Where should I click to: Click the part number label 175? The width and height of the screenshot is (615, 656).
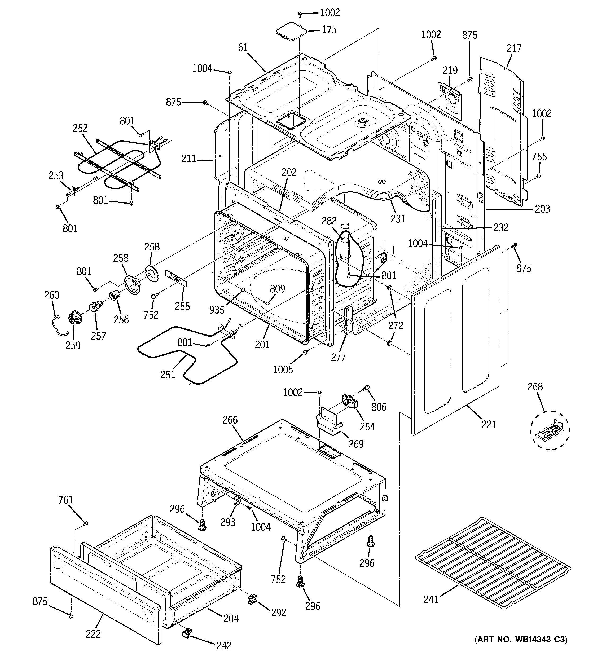(329, 30)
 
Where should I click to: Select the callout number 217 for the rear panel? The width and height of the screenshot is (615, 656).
(514, 49)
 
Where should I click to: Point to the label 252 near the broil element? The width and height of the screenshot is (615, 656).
(80, 128)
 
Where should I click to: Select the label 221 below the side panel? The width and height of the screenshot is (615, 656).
(489, 424)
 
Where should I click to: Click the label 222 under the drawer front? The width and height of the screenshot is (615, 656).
(93, 634)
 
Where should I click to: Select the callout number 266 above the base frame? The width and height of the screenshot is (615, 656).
(230, 420)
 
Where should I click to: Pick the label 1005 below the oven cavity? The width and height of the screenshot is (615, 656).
(283, 369)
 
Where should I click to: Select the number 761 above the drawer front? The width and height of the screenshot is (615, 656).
(65, 500)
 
